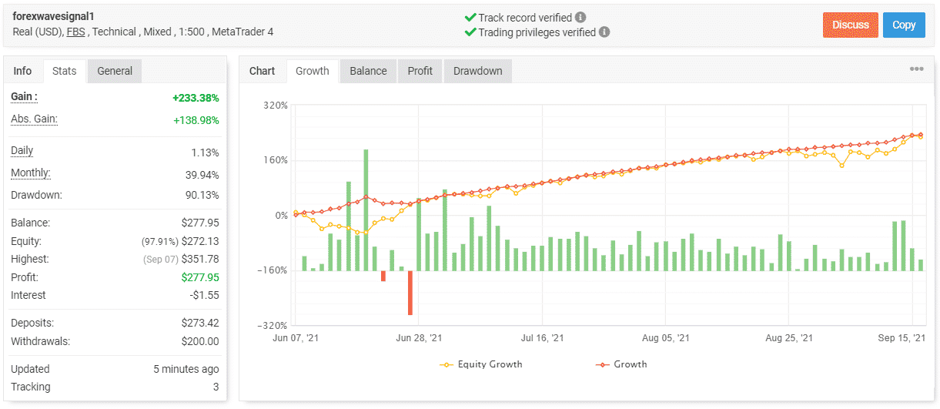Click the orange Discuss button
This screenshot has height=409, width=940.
(850, 25)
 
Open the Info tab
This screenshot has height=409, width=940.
(23, 71)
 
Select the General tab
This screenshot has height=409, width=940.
(115, 71)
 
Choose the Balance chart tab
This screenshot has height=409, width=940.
(368, 71)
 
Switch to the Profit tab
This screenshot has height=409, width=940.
(420, 71)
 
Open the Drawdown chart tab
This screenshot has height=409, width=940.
(477, 71)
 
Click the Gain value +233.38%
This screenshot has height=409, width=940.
(196, 98)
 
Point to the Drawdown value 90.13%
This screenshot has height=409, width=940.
(201, 195)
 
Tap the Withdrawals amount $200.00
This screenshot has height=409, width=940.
(200, 341)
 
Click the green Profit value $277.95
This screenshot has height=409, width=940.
(200, 277)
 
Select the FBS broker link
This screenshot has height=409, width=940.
(76, 32)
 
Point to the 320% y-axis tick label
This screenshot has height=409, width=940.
(275, 105)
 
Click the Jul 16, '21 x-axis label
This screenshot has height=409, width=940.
(542, 338)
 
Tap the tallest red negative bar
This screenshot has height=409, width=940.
(410, 293)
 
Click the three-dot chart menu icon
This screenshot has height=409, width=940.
(916, 69)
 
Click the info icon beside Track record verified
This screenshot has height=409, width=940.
(580, 17)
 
